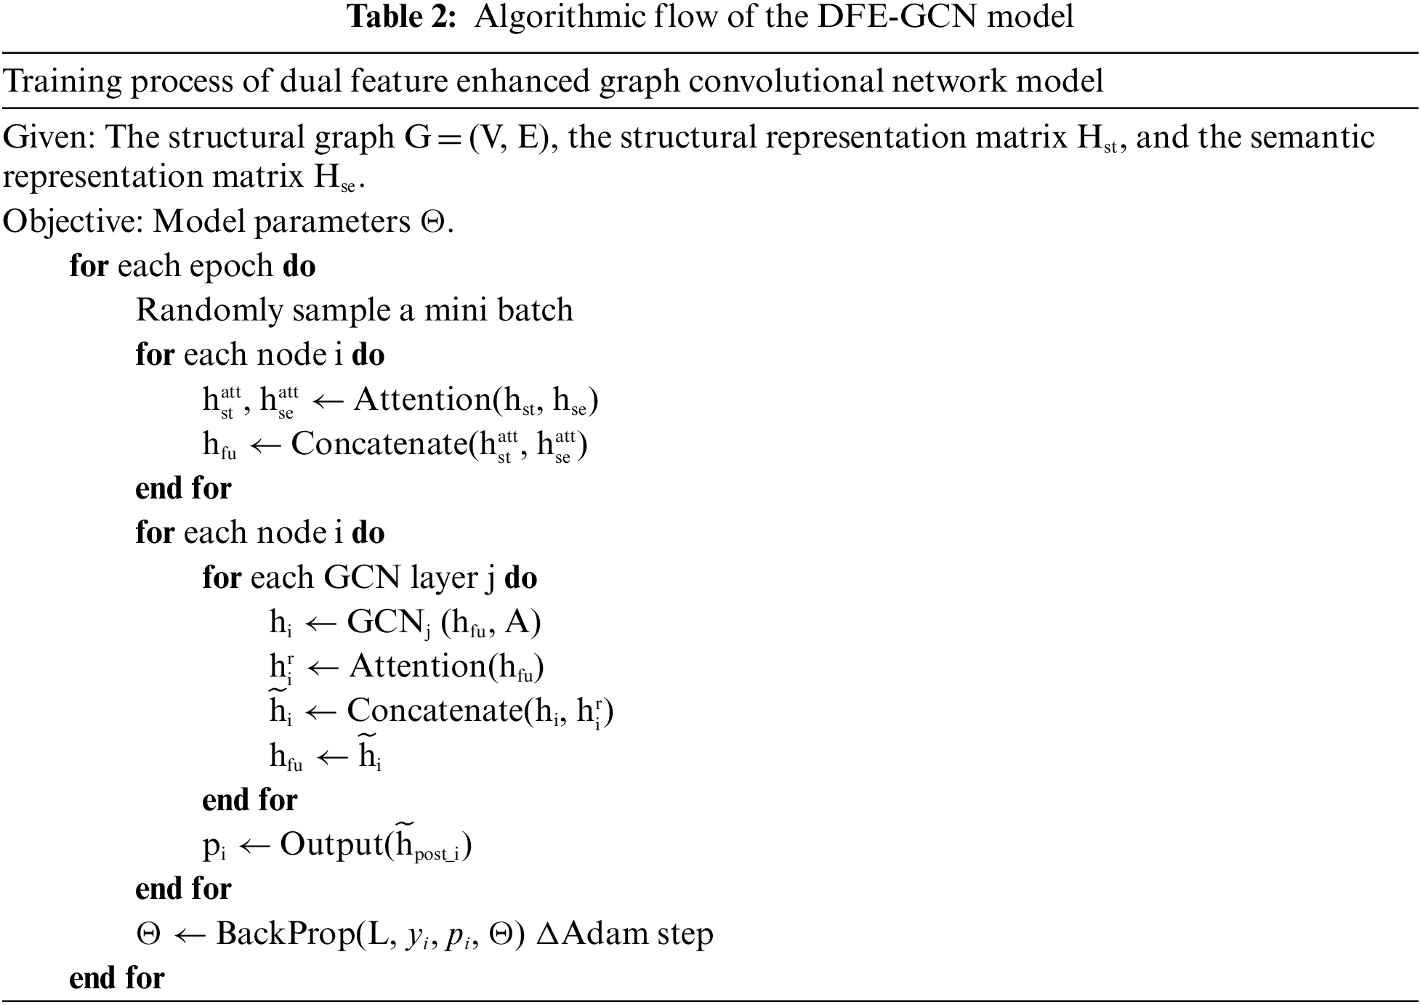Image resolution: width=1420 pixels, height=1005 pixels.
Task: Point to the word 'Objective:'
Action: click(73, 222)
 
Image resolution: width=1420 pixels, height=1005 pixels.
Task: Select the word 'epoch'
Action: click(232, 267)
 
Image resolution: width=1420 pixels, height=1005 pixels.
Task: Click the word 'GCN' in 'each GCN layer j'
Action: click(362, 578)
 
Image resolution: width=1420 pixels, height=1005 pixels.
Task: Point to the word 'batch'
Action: click(536, 310)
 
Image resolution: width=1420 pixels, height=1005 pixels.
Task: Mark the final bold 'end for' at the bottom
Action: click(117, 978)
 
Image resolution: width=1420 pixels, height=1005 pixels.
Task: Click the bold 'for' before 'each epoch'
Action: click(89, 267)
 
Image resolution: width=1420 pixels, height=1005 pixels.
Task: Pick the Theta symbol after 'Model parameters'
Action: click(432, 222)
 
